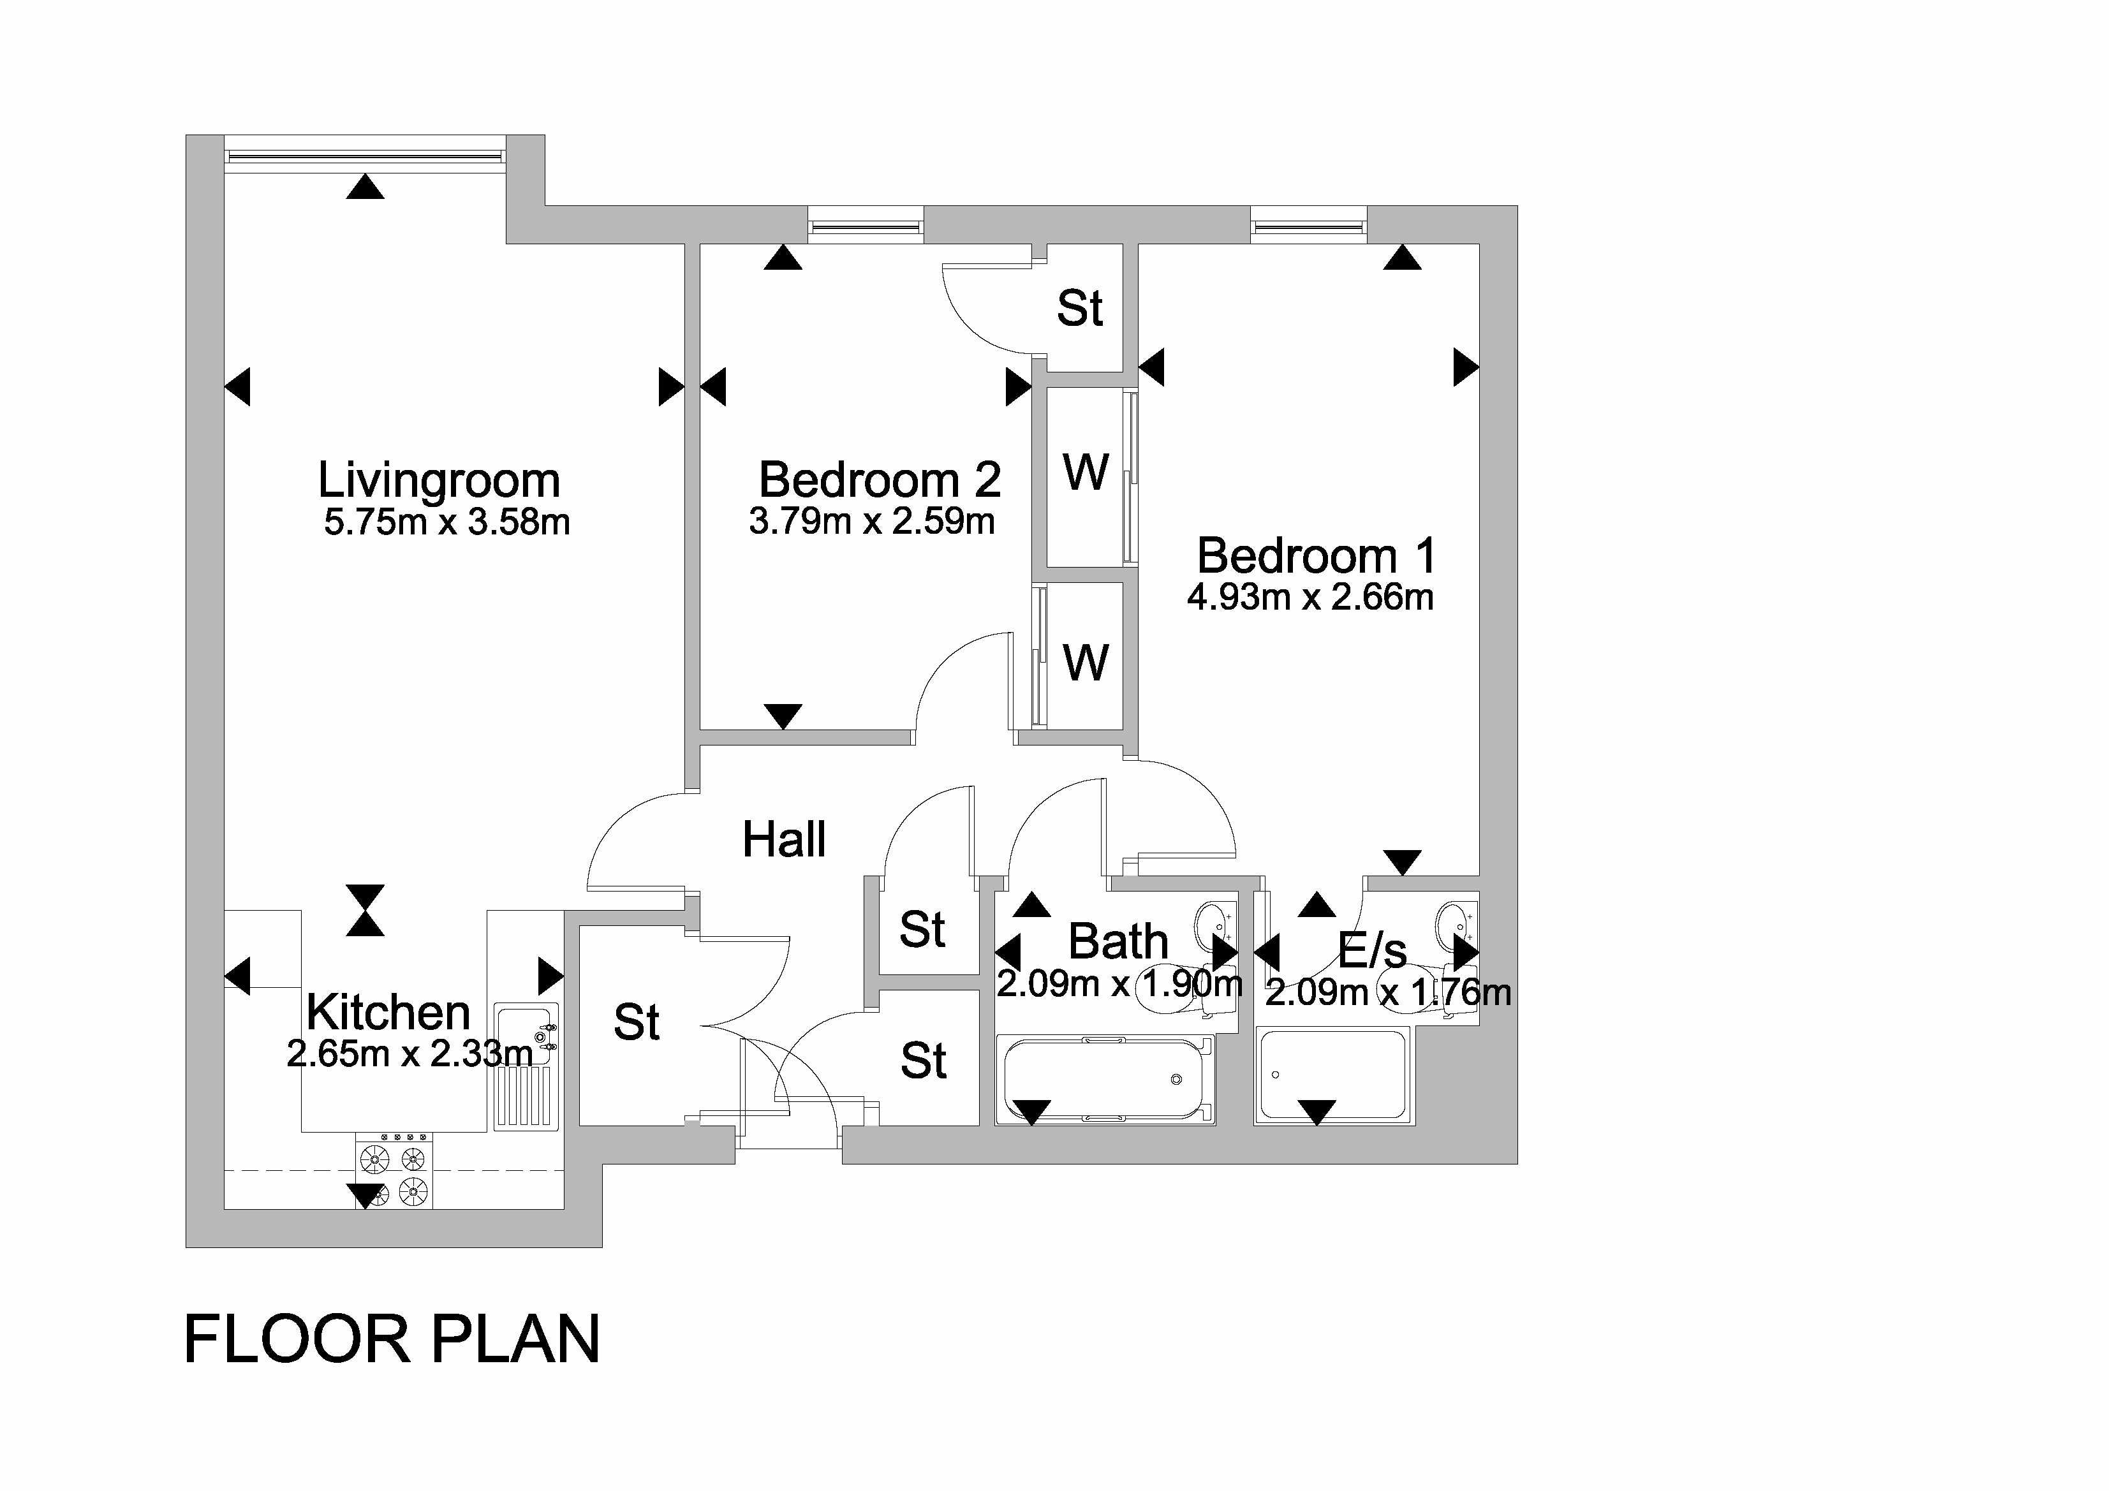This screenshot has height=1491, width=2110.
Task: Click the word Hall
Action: click(784, 840)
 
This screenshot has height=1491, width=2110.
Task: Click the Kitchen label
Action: click(388, 1012)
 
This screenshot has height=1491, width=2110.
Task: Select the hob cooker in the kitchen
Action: click(394, 1170)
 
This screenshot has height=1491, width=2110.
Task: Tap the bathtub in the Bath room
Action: click(1105, 1080)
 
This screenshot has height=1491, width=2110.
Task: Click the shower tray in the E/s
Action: click(1332, 1075)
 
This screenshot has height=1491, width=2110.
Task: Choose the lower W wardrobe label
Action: click(1086, 661)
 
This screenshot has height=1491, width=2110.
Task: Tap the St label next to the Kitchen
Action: click(636, 1022)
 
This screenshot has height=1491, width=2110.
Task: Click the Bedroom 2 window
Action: click(865, 224)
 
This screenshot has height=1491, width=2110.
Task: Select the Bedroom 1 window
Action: click(1308, 224)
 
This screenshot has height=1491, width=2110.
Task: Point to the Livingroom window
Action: click(365, 154)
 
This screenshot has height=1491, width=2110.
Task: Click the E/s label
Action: click(1371, 951)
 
